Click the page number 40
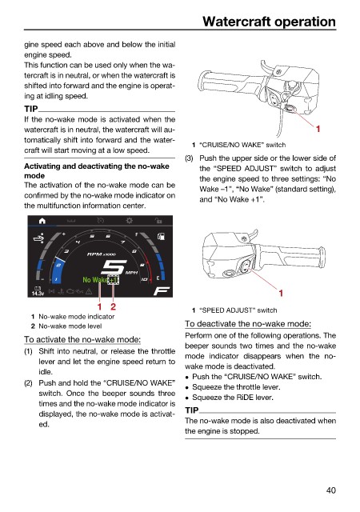(330, 490)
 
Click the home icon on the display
(42, 221)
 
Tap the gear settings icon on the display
(130, 221)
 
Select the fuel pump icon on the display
(161, 236)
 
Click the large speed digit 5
(114, 267)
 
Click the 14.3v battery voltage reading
(38, 294)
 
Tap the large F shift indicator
(162, 290)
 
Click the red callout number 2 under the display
(113, 306)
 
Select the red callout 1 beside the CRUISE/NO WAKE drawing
(318, 129)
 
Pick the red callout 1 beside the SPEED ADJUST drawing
(280, 294)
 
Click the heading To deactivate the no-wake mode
(248, 323)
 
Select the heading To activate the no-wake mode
(82, 339)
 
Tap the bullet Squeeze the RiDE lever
(233, 397)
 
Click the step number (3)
(189, 158)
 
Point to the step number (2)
(29, 383)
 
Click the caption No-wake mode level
(70, 326)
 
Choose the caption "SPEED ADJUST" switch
(238, 310)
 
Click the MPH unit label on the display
(132, 272)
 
